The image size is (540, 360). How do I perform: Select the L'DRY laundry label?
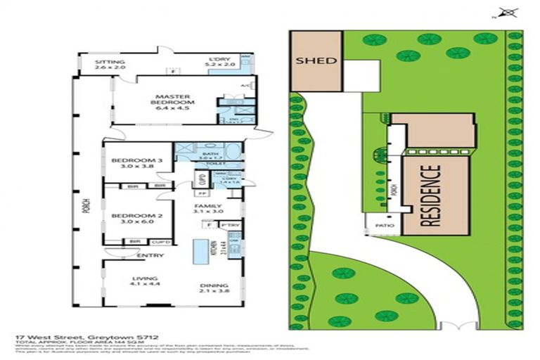point(219,61)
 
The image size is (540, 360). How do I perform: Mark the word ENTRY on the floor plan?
point(150,255)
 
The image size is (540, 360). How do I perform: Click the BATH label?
point(209,155)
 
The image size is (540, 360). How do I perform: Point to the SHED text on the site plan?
point(316,60)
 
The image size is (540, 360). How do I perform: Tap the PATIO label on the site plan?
point(383,226)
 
